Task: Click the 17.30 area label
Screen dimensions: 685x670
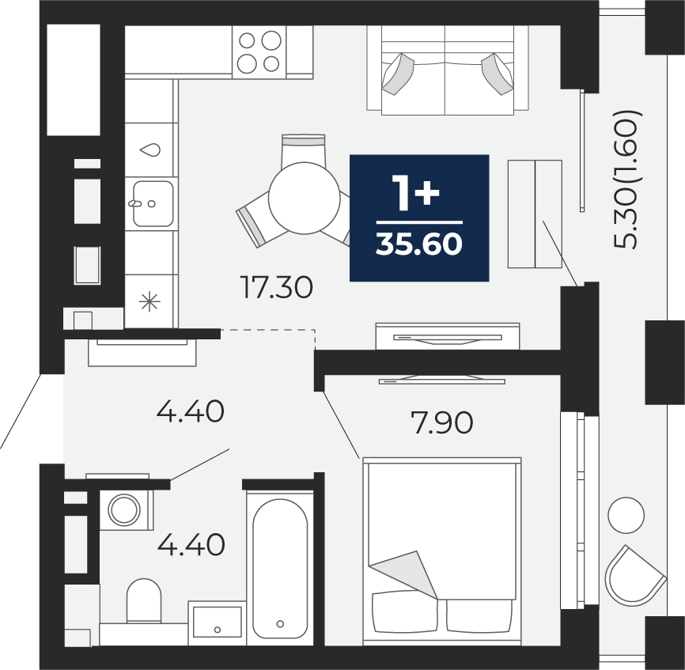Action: point(277,287)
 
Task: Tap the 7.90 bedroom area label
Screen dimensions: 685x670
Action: point(441,422)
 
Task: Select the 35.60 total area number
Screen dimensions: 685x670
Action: point(419,244)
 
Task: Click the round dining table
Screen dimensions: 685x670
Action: point(304,199)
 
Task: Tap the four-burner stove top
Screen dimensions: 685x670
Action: point(259,52)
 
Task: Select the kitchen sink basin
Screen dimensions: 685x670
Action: point(153,204)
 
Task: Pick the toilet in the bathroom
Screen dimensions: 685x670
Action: point(144,600)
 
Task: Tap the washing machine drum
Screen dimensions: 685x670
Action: point(124,510)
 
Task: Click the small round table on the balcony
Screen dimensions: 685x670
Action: point(626,516)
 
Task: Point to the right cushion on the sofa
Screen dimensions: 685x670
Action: point(498,74)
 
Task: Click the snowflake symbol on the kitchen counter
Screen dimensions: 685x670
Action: point(149,301)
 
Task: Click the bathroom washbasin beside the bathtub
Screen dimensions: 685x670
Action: point(217,623)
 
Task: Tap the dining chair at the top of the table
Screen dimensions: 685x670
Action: point(303,150)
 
